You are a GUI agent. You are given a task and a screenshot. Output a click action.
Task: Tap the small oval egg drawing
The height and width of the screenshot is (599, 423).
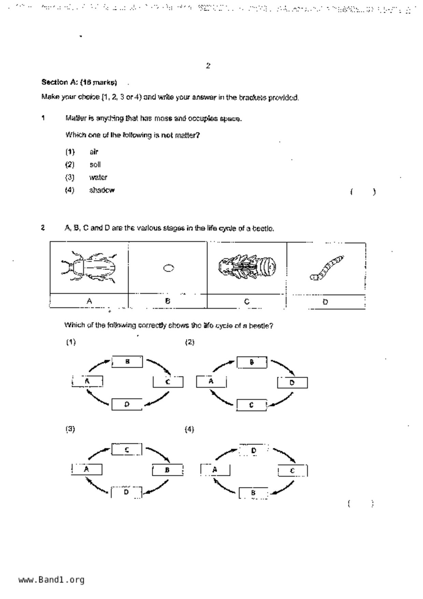coord(168,268)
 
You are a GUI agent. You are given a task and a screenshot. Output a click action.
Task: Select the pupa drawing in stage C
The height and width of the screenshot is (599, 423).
coord(247,267)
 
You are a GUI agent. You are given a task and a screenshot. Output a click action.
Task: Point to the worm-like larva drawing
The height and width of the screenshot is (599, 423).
coord(326,267)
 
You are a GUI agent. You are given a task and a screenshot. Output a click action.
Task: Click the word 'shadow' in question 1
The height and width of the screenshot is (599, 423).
coord(102,190)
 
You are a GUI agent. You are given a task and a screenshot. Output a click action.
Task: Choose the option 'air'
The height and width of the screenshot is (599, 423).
coord(94,152)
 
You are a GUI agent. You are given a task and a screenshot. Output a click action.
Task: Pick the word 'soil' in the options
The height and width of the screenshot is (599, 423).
coord(95,165)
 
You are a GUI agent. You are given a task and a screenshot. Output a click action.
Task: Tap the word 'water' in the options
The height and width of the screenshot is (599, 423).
coord(98,178)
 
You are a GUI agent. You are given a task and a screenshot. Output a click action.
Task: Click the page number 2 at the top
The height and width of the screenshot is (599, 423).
coord(208,66)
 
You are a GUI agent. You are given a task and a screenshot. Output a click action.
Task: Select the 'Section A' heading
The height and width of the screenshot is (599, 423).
coord(79,82)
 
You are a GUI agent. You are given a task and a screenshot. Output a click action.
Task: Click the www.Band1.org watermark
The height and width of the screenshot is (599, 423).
coord(52,580)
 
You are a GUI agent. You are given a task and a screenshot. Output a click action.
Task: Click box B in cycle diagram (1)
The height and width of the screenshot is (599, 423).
coord(127,362)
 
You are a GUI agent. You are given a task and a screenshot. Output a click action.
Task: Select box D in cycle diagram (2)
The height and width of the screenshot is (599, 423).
coord(292,382)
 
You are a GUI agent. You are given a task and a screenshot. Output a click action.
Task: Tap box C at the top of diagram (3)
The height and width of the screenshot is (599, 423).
coord(127,450)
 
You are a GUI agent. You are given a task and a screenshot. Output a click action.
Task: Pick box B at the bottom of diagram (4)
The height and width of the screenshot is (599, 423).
coord(253,493)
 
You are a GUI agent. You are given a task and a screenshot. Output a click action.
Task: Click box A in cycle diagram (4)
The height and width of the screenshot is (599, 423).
coord(215,470)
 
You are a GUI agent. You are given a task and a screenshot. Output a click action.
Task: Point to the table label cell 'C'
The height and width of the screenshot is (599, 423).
coord(247,302)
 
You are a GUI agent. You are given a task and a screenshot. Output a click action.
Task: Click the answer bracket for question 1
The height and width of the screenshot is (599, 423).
coord(363,192)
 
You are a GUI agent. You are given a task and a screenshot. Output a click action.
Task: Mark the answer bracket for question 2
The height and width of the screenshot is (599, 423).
coord(361,503)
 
